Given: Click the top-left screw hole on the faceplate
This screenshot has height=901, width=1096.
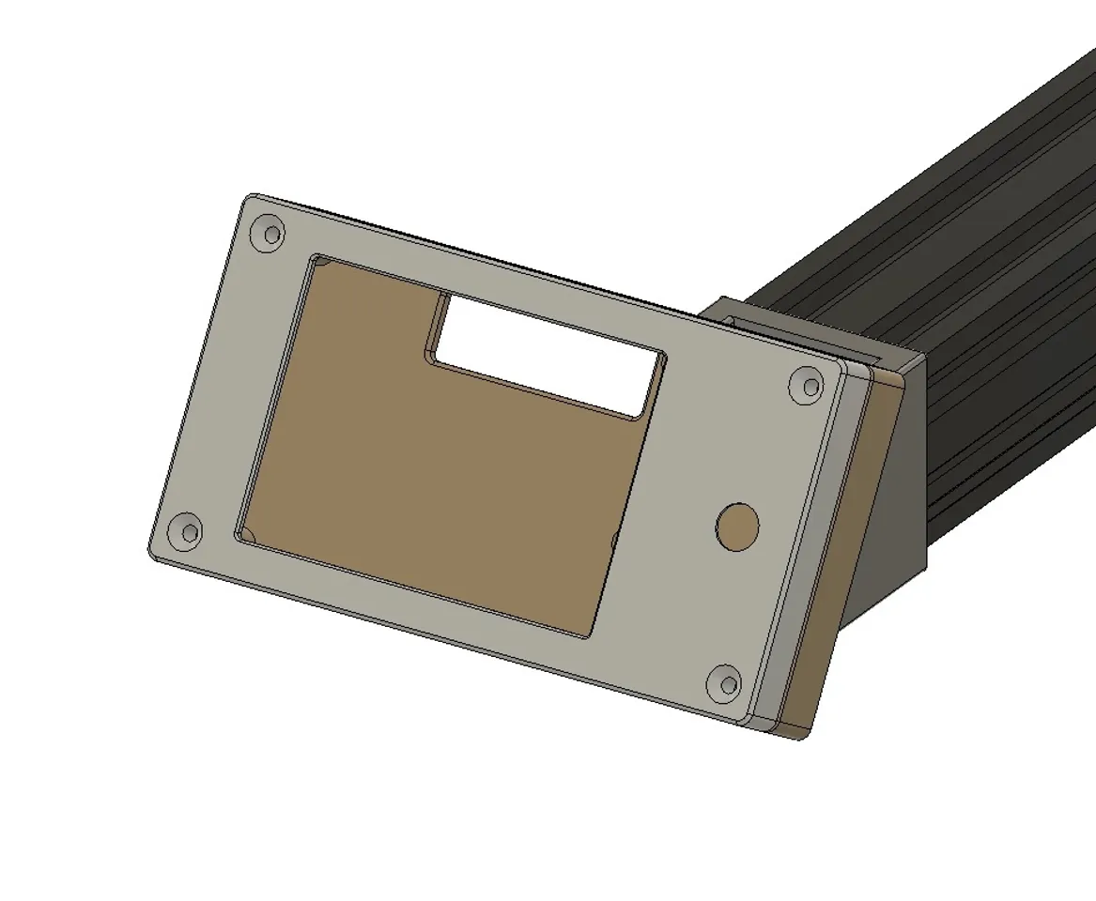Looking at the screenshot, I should point(270,233).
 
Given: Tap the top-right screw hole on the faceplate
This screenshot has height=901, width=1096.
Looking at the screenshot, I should point(806,385).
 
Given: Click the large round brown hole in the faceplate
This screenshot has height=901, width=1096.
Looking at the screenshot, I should point(737,527).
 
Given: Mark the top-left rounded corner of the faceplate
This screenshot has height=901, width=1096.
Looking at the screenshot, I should point(250,200).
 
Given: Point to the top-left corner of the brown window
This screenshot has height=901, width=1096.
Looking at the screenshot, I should point(316,260).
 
